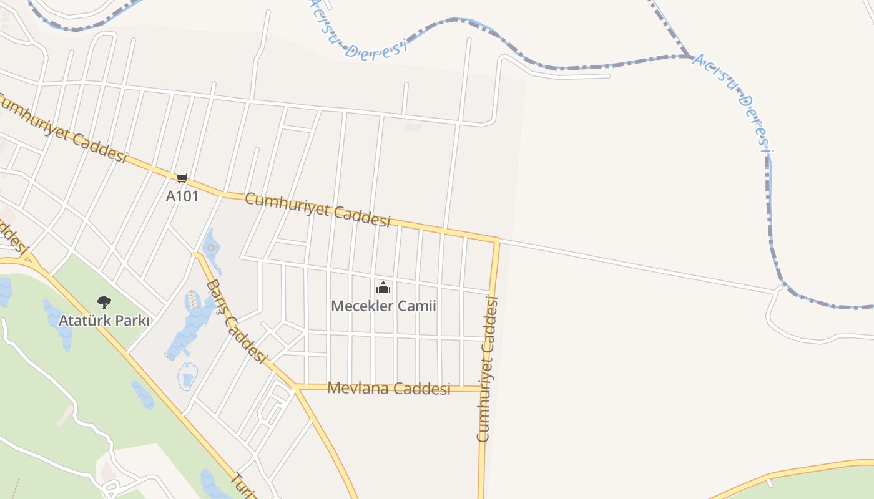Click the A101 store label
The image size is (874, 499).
182,196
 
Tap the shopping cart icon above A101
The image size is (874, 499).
182,178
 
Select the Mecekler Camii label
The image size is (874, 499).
383,306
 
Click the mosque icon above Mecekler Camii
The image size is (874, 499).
383,288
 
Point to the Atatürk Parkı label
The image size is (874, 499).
104,321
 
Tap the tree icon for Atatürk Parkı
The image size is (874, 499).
104,303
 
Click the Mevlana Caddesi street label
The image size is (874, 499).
388,388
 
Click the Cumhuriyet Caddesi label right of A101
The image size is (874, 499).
317,209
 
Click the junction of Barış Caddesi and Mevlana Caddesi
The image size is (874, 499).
295,387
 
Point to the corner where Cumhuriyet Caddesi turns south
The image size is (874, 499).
498,240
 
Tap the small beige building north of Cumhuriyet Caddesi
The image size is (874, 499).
413,127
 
